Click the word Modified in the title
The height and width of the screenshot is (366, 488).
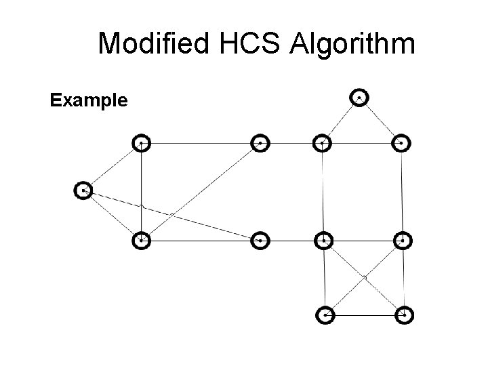(x=152, y=44)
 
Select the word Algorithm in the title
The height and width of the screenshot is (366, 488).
(x=352, y=44)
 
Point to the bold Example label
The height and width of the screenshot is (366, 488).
(x=89, y=101)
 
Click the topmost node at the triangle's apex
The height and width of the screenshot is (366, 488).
(x=359, y=98)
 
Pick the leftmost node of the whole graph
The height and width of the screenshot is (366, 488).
(x=83, y=191)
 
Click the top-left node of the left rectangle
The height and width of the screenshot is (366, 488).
(x=141, y=143)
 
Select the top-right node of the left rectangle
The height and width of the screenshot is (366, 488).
(x=260, y=143)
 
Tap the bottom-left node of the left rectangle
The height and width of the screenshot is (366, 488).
(x=141, y=240)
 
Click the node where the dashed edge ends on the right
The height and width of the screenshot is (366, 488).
(x=260, y=240)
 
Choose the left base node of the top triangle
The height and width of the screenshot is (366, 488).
(x=323, y=143)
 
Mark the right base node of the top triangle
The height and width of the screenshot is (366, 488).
(x=402, y=143)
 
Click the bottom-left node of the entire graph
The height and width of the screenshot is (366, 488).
(x=326, y=315)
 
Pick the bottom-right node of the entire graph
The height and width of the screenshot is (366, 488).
(x=404, y=315)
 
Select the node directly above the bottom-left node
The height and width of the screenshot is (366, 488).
(x=324, y=240)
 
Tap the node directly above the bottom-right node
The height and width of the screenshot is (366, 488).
(x=403, y=240)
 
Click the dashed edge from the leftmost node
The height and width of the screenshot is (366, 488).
(x=169, y=215)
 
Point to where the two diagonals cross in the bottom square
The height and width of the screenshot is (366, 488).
(x=365, y=277)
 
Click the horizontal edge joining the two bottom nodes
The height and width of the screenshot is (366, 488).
(x=365, y=315)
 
